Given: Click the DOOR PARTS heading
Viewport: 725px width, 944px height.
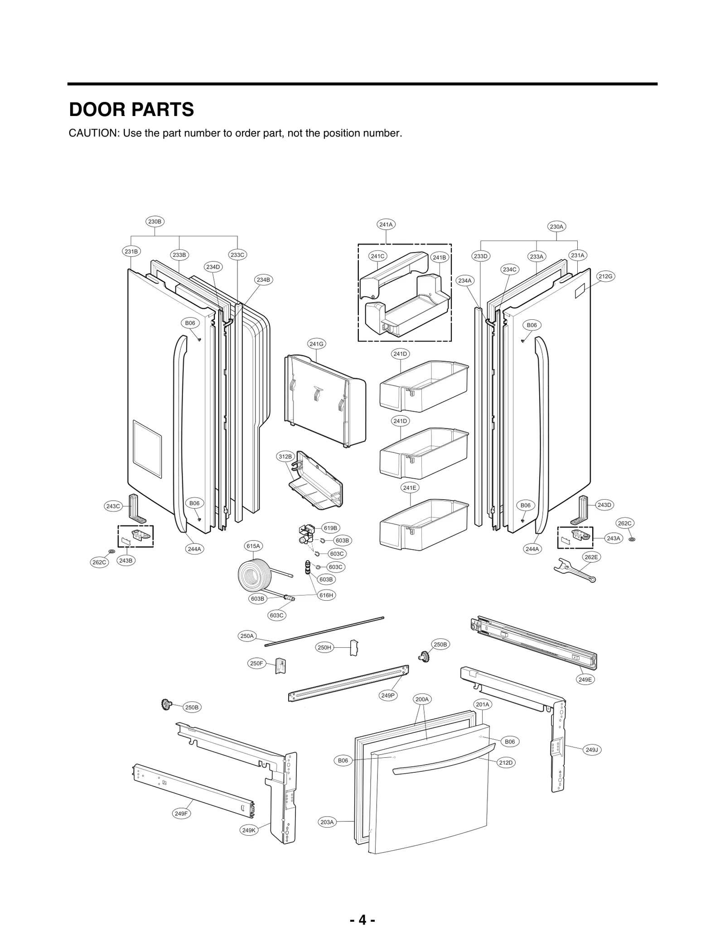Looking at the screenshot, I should tap(131, 110).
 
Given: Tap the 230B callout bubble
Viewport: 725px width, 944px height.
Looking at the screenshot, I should tap(155, 222).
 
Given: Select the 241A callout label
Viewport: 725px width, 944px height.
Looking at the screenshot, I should tap(386, 224).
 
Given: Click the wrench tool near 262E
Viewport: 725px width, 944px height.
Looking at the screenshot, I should tap(574, 570).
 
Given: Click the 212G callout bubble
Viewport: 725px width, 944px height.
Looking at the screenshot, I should tap(606, 276).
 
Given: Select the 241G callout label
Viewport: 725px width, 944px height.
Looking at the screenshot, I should tap(316, 344).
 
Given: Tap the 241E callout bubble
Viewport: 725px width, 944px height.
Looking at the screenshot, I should tap(410, 487).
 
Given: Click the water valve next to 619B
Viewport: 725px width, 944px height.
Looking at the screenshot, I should tap(306, 534).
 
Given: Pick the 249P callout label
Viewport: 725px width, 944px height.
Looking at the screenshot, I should tap(388, 695).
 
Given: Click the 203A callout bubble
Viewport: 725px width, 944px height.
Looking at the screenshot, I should tap(327, 822).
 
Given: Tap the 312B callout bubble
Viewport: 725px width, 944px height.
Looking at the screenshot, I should tap(285, 456).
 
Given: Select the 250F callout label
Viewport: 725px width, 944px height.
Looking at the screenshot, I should tap(256, 663).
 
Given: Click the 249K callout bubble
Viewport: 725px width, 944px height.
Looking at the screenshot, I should tap(249, 830).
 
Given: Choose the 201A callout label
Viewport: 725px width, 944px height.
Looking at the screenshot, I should tap(483, 704).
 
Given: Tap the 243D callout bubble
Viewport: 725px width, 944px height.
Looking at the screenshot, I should tap(604, 505).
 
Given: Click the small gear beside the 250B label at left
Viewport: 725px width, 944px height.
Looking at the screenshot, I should tap(167, 704).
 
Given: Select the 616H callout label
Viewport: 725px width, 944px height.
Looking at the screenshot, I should tap(326, 595).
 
